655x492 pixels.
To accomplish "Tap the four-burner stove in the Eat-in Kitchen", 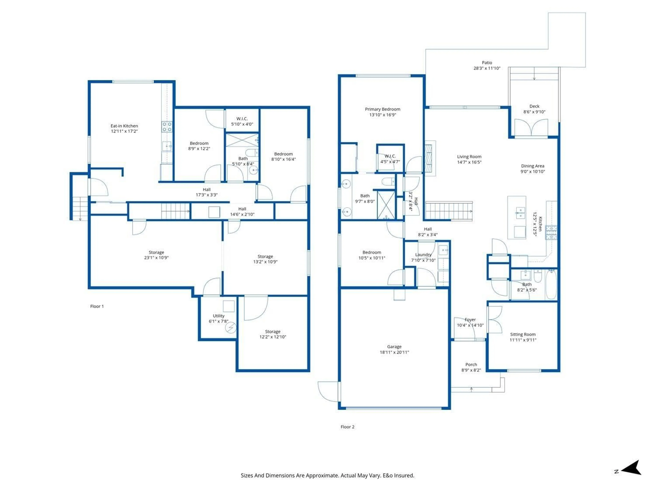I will [x=167, y=127].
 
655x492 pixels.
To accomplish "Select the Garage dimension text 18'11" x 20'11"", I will [x=394, y=352].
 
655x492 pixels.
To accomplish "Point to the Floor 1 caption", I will [x=97, y=306].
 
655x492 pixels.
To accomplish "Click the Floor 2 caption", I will [x=347, y=427].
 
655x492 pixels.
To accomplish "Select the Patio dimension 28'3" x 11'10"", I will [x=487, y=68].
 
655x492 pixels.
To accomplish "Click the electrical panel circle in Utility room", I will [x=230, y=327].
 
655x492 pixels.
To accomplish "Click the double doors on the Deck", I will [x=531, y=127].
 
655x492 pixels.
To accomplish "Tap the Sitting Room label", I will [x=523, y=334].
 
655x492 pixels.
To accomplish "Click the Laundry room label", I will [x=423, y=254].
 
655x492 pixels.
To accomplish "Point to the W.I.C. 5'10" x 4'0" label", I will [x=242, y=119].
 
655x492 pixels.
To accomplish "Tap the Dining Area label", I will [x=532, y=166].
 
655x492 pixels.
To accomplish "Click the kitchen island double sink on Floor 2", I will [x=520, y=213].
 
